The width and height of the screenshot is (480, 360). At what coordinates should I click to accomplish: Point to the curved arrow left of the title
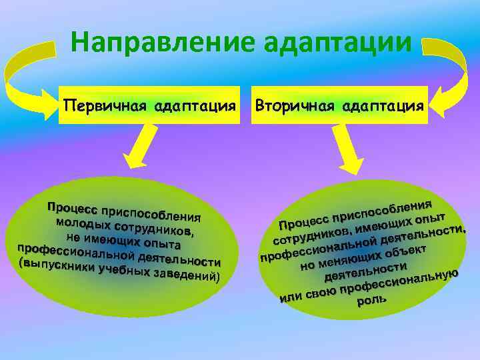pos(27,73)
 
